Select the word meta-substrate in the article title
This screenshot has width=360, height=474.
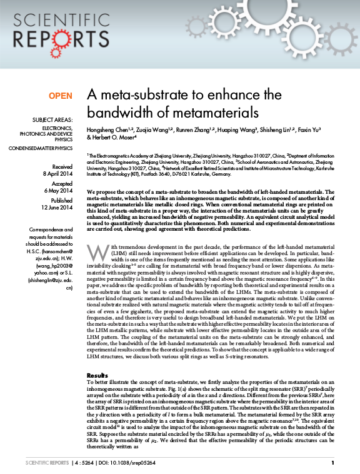click(141, 95)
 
